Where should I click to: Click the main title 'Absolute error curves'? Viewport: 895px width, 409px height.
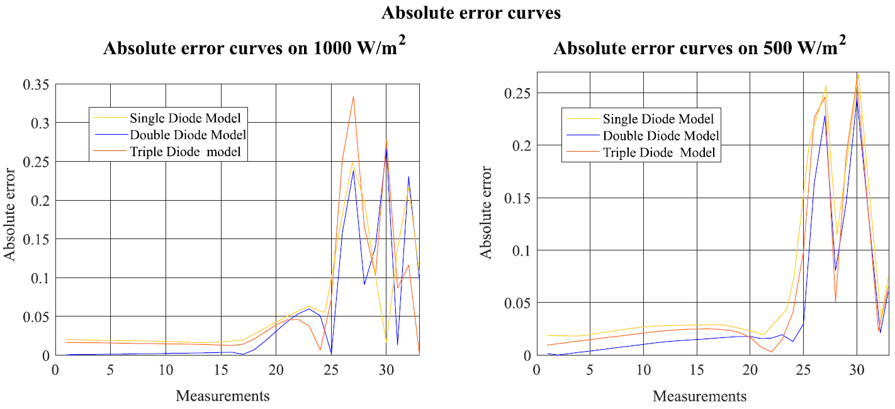[x=471, y=13]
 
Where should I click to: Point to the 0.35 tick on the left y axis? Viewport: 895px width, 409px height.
[x=36, y=84]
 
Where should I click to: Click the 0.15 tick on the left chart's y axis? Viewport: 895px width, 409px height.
[x=36, y=239]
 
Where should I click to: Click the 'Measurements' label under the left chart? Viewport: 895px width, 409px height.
[x=222, y=396]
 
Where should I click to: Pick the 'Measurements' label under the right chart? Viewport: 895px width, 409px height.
[x=699, y=396]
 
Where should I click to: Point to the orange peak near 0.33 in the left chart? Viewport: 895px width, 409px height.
[x=353, y=97]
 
